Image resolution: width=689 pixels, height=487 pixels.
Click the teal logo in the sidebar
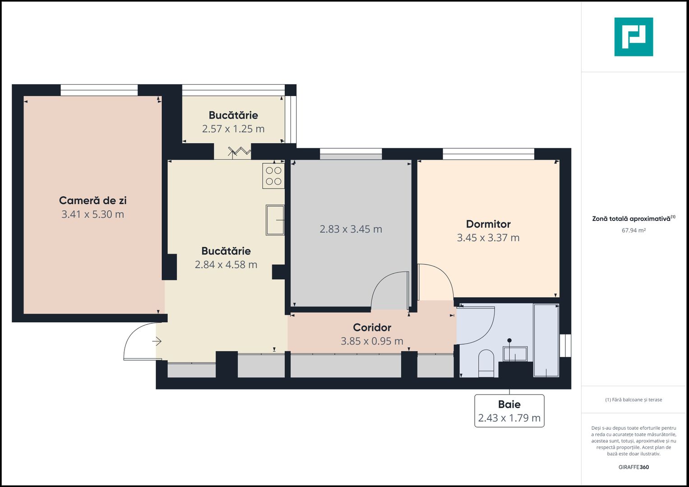coord(634,37)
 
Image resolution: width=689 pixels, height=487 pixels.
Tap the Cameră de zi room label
coord(92,201)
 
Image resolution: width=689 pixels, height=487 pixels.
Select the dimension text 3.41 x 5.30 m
coord(92,215)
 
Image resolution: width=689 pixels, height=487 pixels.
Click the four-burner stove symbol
coord(273,176)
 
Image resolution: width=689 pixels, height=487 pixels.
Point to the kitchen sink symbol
coord(275,220)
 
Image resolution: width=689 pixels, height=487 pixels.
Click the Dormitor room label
coord(488,224)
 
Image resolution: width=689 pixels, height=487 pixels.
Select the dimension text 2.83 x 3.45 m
coord(351,229)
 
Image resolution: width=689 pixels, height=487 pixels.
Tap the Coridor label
coord(372,327)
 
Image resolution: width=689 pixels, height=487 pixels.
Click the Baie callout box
coord(509,411)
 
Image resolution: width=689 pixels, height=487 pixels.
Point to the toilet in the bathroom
coord(486,363)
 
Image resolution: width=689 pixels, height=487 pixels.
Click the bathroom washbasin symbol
coord(515,354)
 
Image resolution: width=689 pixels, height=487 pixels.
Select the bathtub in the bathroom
coord(546,340)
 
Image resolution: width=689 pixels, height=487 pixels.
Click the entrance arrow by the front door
coord(157,342)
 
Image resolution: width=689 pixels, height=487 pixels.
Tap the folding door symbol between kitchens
coord(239,152)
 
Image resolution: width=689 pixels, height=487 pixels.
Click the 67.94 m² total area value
coord(634,230)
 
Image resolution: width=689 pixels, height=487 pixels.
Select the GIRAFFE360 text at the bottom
coord(634,467)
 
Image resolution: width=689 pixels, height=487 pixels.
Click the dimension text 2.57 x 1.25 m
coord(233,129)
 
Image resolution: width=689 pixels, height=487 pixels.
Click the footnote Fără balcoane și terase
coord(634,400)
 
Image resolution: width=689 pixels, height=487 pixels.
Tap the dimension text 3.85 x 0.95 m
coord(372,341)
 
